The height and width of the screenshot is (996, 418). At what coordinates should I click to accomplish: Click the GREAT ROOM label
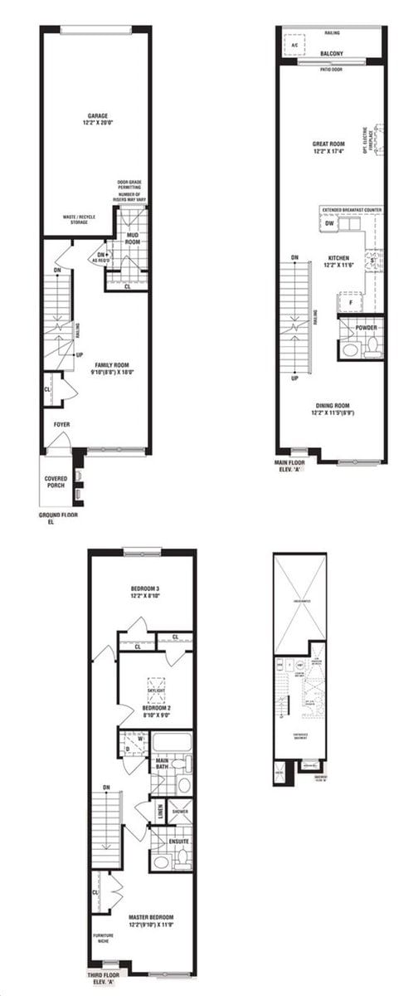point(329,144)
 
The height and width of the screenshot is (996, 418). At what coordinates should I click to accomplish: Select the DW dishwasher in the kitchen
point(329,224)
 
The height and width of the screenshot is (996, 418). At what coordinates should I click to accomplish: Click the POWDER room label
point(367,327)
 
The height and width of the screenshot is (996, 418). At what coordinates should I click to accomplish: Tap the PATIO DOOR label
point(331,70)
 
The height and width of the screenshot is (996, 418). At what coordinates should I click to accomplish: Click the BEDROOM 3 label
point(144,588)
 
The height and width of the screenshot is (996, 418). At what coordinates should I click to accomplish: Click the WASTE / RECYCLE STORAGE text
point(79,219)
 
